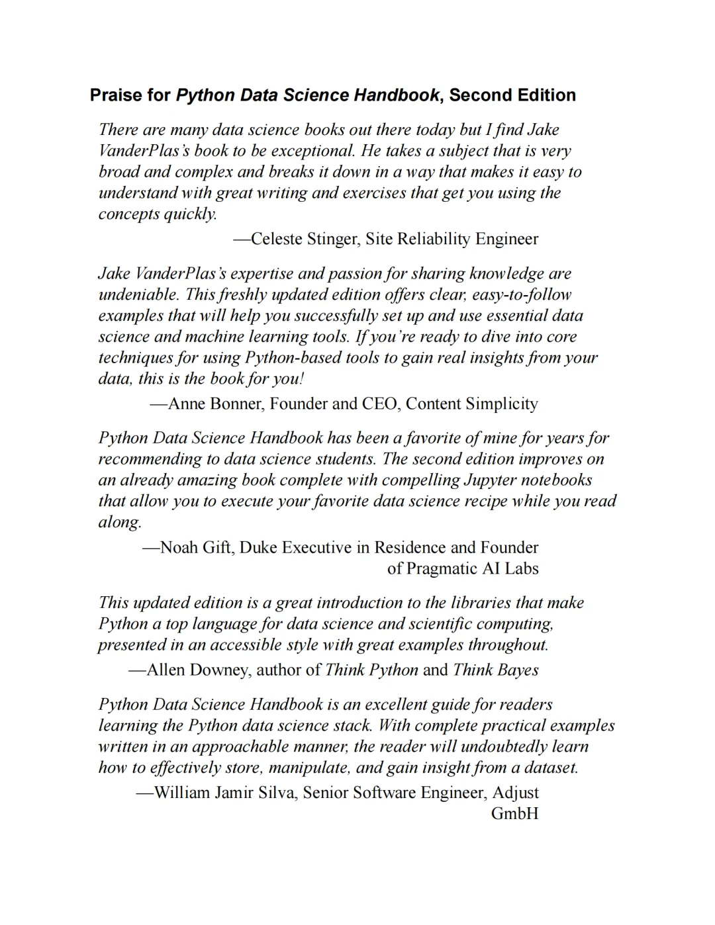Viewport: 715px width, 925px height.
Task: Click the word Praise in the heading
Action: pyautogui.click(x=117, y=95)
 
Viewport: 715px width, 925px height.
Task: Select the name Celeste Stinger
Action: pyautogui.click(x=304, y=239)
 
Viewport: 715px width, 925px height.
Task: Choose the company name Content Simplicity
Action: pyautogui.click(x=472, y=404)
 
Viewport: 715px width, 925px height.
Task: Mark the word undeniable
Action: pyautogui.click(x=138, y=294)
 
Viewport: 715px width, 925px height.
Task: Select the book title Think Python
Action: pyautogui.click(x=371, y=670)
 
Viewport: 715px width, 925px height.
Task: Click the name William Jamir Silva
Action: pyautogui.click(x=224, y=793)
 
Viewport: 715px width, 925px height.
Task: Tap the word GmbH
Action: pyautogui.click(x=514, y=814)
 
